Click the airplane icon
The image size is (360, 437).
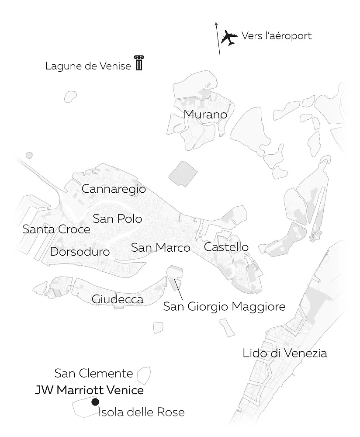[x=228, y=37]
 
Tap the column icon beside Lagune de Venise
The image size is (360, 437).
[x=139, y=63]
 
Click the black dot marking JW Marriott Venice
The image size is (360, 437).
[x=95, y=402]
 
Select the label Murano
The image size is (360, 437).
[x=205, y=114]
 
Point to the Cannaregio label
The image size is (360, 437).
[x=114, y=189]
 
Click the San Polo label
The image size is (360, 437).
[x=118, y=218]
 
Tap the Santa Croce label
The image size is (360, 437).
[x=56, y=229]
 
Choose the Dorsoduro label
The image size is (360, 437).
[x=80, y=252]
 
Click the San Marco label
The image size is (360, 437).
[x=161, y=248]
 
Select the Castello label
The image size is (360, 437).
[x=226, y=247]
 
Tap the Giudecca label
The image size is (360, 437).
[x=118, y=299]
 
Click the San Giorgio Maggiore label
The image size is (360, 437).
[x=224, y=306]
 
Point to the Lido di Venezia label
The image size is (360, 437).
[x=285, y=353]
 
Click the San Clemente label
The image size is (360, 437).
[x=93, y=373]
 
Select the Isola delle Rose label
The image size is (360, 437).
[x=141, y=412]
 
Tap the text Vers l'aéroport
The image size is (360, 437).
[x=277, y=36]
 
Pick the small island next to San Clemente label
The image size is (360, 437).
[x=144, y=374]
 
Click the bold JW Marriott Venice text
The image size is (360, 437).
[x=89, y=390]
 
